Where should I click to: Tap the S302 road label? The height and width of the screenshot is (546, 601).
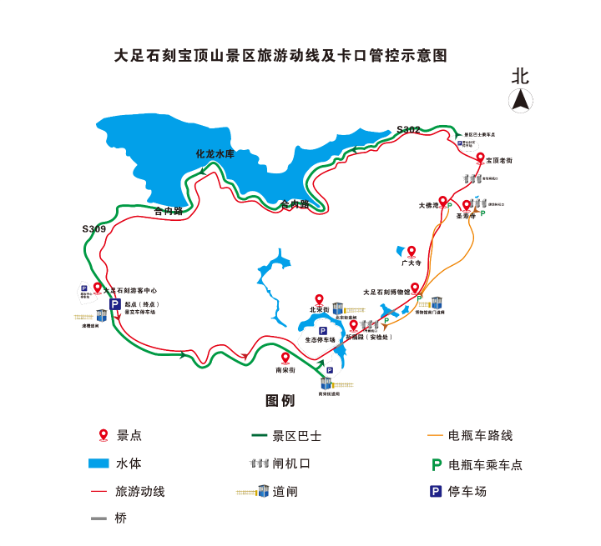[x=409, y=129]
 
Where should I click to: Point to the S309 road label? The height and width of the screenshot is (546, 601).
[x=93, y=228]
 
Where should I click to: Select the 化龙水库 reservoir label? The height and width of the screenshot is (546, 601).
[x=215, y=154]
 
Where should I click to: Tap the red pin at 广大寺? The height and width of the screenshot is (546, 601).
[x=411, y=251]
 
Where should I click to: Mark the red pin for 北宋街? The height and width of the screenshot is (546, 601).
[x=318, y=300]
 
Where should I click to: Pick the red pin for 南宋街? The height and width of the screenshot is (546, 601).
[x=284, y=358]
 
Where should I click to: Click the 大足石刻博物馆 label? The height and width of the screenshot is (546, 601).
[x=386, y=293]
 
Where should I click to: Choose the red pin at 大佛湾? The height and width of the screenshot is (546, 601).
[x=442, y=201]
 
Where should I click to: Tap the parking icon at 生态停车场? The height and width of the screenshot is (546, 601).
[x=322, y=331]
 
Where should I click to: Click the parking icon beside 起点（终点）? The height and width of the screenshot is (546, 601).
[x=115, y=305]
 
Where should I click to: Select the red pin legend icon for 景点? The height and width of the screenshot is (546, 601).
[x=104, y=434]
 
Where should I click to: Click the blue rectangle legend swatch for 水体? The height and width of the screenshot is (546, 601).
[x=99, y=463]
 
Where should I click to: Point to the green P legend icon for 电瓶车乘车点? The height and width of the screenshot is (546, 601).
[x=436, y=464]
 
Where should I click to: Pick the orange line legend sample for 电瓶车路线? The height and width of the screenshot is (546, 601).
[x=435, y=435]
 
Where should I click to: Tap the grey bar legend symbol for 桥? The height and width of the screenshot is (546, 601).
[x=98, y=518]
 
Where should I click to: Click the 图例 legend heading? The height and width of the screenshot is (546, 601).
[x=280, y=401]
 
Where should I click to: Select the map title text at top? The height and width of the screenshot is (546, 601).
[x=280, y=56]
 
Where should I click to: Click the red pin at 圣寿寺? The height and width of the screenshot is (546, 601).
[x=466, y=205]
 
